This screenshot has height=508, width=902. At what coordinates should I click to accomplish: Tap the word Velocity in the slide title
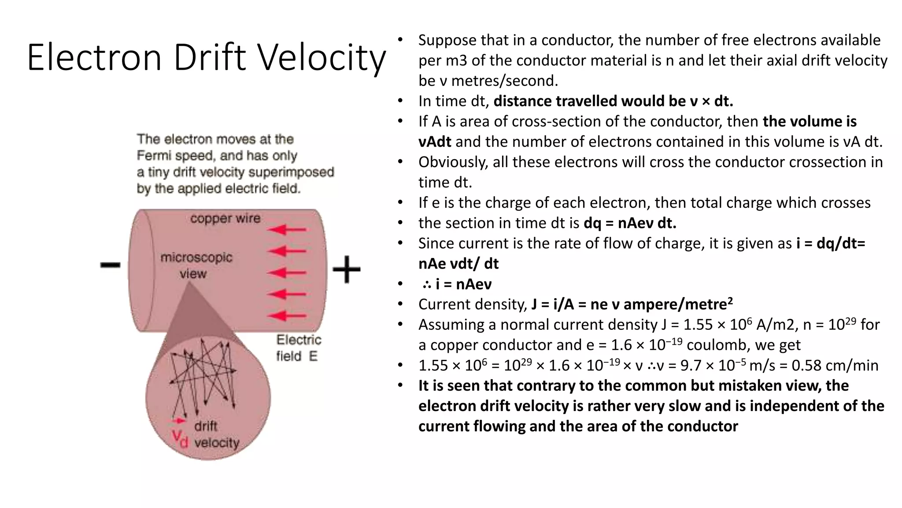coord(322,57)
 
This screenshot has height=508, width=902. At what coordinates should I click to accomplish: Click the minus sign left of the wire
coord(110,265)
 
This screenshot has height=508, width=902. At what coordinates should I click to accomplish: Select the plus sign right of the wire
coord(347,269)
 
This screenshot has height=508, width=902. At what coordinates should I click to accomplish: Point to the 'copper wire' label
coord(225,218)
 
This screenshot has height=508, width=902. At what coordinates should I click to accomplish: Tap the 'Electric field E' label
coord(299,348)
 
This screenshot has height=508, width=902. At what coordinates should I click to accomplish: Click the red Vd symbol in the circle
coord(180,438)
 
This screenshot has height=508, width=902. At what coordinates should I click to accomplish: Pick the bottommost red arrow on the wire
coord(287,316)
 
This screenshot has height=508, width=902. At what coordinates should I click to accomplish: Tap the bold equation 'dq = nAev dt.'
coord(630,223)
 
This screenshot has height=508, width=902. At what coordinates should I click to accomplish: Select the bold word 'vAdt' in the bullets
coord(435,142)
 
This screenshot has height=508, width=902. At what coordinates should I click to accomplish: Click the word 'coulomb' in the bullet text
coord(718,345)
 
